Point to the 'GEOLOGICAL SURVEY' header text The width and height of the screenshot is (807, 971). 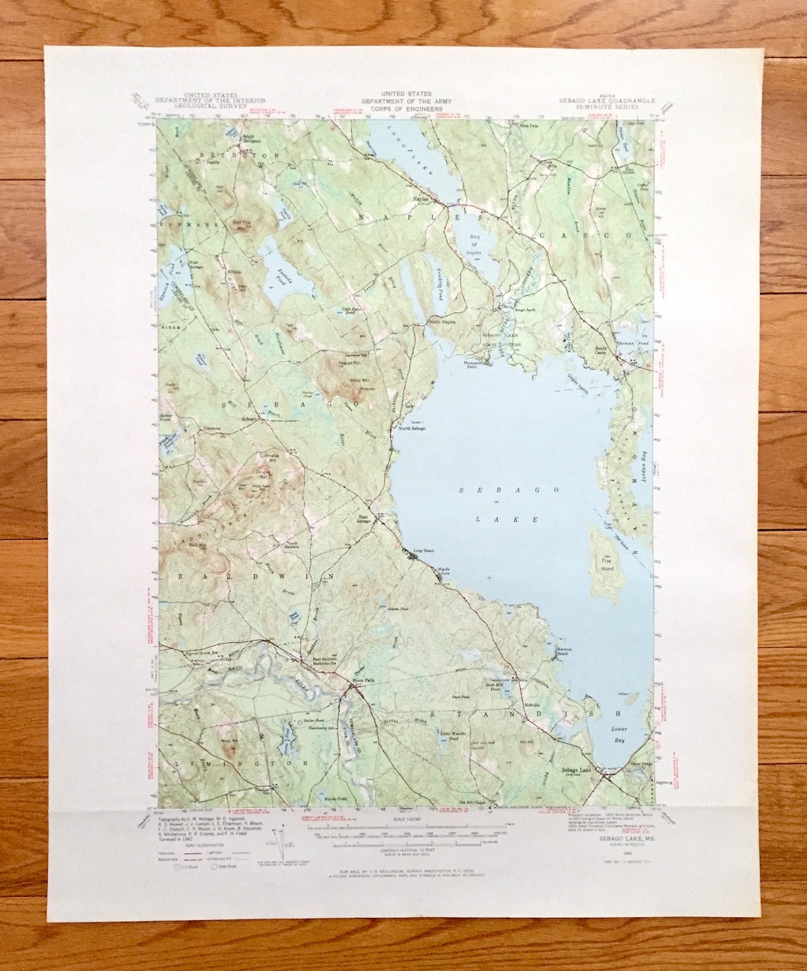pyautogui.click(x=189, y=108)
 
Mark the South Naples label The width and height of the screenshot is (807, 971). pyautogui.click(x=442, y=321)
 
